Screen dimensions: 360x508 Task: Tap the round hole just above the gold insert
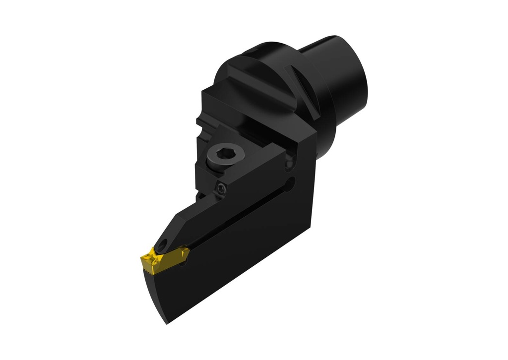(x=163, y=244)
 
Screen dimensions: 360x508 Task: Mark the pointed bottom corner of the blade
(x=167, y=323)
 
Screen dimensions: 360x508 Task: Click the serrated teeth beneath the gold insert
(x=149, y=270)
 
